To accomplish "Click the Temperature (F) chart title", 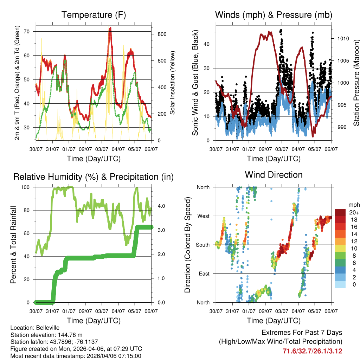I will pyautogui.click(x=94, y=15).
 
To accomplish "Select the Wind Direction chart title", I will pyautogui.click(x=274, y=175).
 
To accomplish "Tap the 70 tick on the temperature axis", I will pyautogui.click(x=30, y=32).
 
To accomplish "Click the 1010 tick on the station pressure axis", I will pyautogui.click(x=341, y=39).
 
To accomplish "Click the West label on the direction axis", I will pyautogui.click(x=203, y=216).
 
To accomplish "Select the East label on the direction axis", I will pyautogui.click(x=204, y=274).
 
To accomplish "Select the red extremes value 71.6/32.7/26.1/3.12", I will pyautogui.click(x=313, y=351).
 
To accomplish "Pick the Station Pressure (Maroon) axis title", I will pyautogui.click(x=356, y=82).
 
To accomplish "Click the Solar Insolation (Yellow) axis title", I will pyautogui.click(x=172, y=83).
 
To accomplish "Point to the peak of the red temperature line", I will pyautogui.click(x=110, y=28).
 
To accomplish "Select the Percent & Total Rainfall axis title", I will pyautogui.click(x=13, y=245).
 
